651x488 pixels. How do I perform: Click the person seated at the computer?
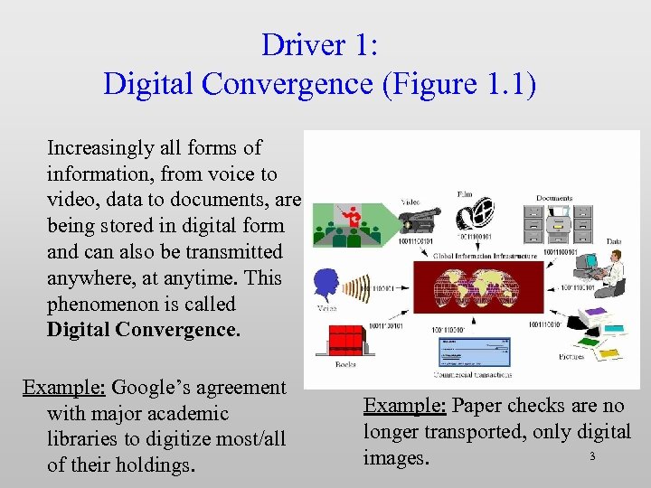[609, 271]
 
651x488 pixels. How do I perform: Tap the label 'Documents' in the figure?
[553, 198]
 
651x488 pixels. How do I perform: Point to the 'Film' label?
[464, 193]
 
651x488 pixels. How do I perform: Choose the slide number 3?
[592, 456]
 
